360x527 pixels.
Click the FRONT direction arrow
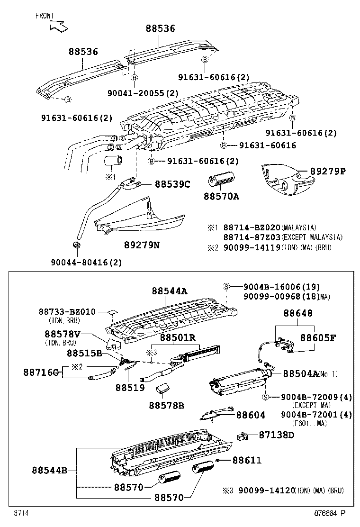[x=58, y=26]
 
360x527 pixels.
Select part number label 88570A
[x=222, y=195]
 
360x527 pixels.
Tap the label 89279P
[x=328, y=172]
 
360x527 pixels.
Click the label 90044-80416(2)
[x=86, y=262]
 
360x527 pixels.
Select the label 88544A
[x=170, y=291]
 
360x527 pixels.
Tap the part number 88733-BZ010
[x=67, y=312]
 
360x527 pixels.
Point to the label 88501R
[x=178, y=337]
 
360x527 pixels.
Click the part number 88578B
[x=166, y=405]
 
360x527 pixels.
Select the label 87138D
[x=277, y=435]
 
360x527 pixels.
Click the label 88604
[x=251, y=415]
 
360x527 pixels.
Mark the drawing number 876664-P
[x=331, y=513]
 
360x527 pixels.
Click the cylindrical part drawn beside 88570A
[x=222, y=181]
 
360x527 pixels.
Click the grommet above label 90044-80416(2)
[x=76, y=245]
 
